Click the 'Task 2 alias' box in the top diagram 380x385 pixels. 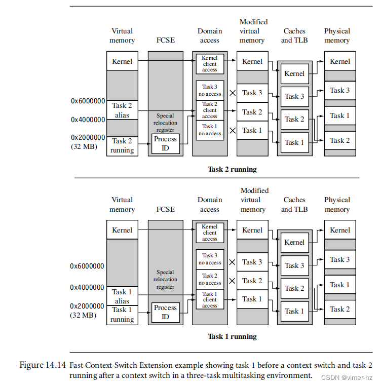tap(122, 110)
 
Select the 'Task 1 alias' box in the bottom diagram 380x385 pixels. tap(122, 296)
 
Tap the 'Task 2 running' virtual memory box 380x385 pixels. tap(122, 145)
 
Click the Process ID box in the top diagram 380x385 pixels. tap(165, 144)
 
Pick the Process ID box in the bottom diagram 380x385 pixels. tap(165, 313)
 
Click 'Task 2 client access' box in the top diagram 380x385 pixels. tap(209, 110)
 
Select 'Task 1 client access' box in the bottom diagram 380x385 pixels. tap(209, 299)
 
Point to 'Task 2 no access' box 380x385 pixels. tap(209, 279)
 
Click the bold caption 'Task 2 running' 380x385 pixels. tap(232, 169)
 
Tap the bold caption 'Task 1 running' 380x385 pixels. tap(232, 336)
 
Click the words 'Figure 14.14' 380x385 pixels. tap(42, 365)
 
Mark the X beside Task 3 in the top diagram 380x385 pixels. tap(233, 93)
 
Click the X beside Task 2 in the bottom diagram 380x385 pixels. tap(233, 281)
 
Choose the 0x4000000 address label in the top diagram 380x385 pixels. tap(88, 120)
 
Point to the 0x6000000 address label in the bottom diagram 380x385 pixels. tap(87, 266)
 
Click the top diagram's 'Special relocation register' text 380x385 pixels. tap(165, 122)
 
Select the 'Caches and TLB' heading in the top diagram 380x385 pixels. tap(294, 35)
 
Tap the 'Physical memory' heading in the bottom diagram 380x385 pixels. tap(337, 205)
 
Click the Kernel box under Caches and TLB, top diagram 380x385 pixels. tap(294, 73)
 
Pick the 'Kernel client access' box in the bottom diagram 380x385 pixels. tap(209, 233)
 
